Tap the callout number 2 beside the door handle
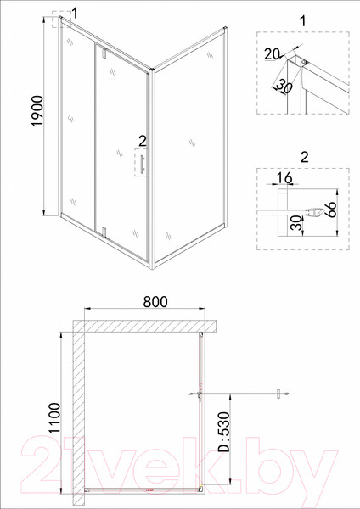tap(143, 141)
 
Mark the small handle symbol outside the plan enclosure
tap(278, 394)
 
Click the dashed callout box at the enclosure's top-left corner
tap(59, 20)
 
